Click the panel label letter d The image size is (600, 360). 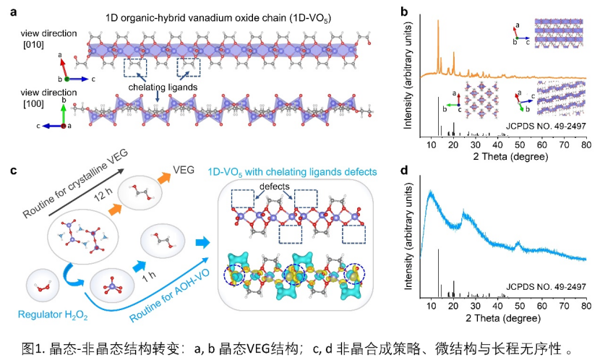404,171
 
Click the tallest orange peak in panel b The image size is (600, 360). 438,22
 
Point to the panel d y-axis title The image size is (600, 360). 410,239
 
